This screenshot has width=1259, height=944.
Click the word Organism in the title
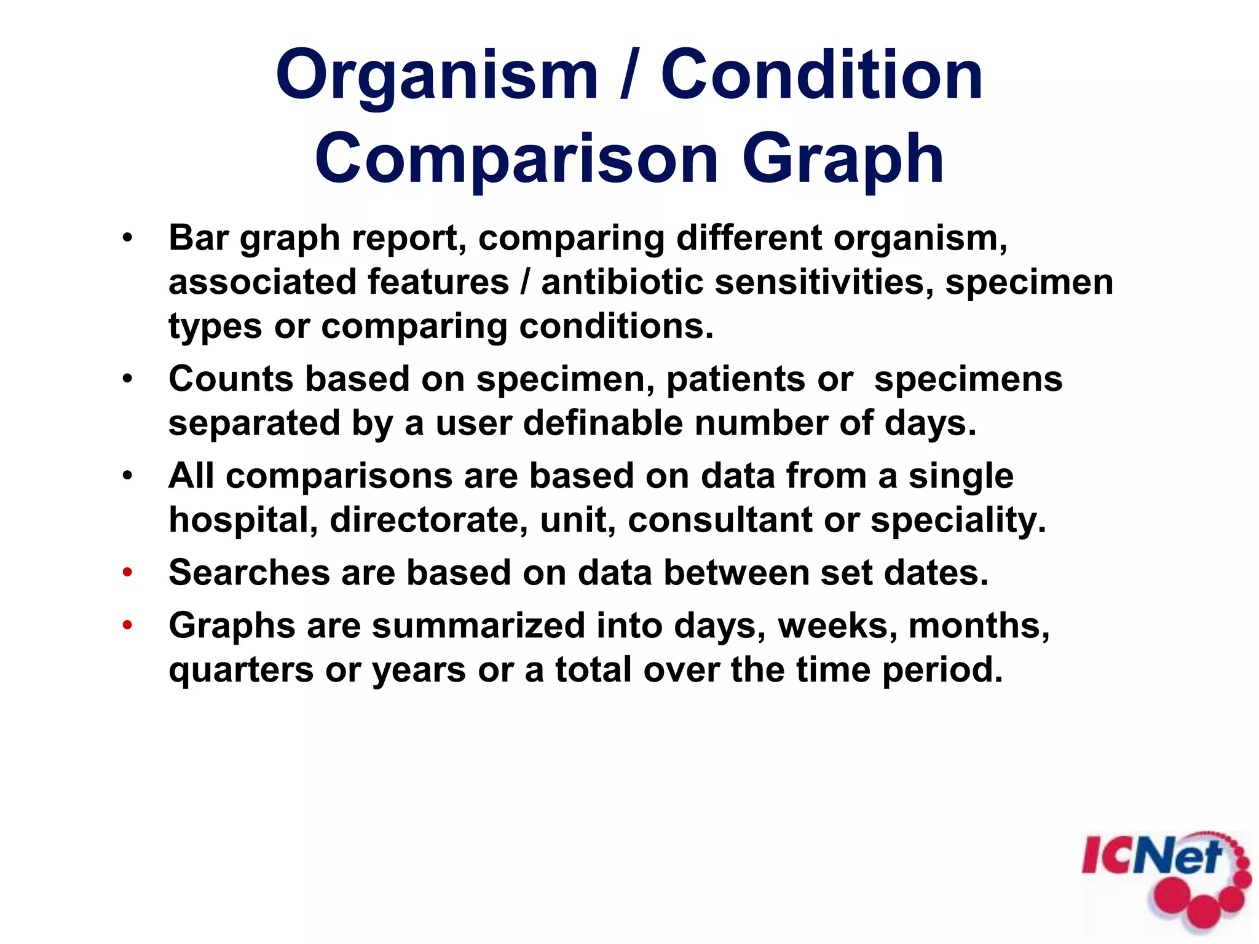(x=436, y=77)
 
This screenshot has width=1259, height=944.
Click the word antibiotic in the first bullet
(x=622, y=282)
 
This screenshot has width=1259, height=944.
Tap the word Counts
(x=231, y=379)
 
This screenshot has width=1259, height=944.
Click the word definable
(x=602, y=423)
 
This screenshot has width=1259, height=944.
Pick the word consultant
(x=720, y=520)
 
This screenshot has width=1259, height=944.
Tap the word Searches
(x=249, y=573)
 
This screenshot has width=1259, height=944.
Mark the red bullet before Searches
(x=127, y=573)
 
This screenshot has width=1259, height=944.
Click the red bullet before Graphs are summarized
(x=127, y=626)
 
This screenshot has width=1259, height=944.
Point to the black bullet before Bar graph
(x=127, y=238)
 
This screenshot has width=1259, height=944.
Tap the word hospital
(x=243, y=521)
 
